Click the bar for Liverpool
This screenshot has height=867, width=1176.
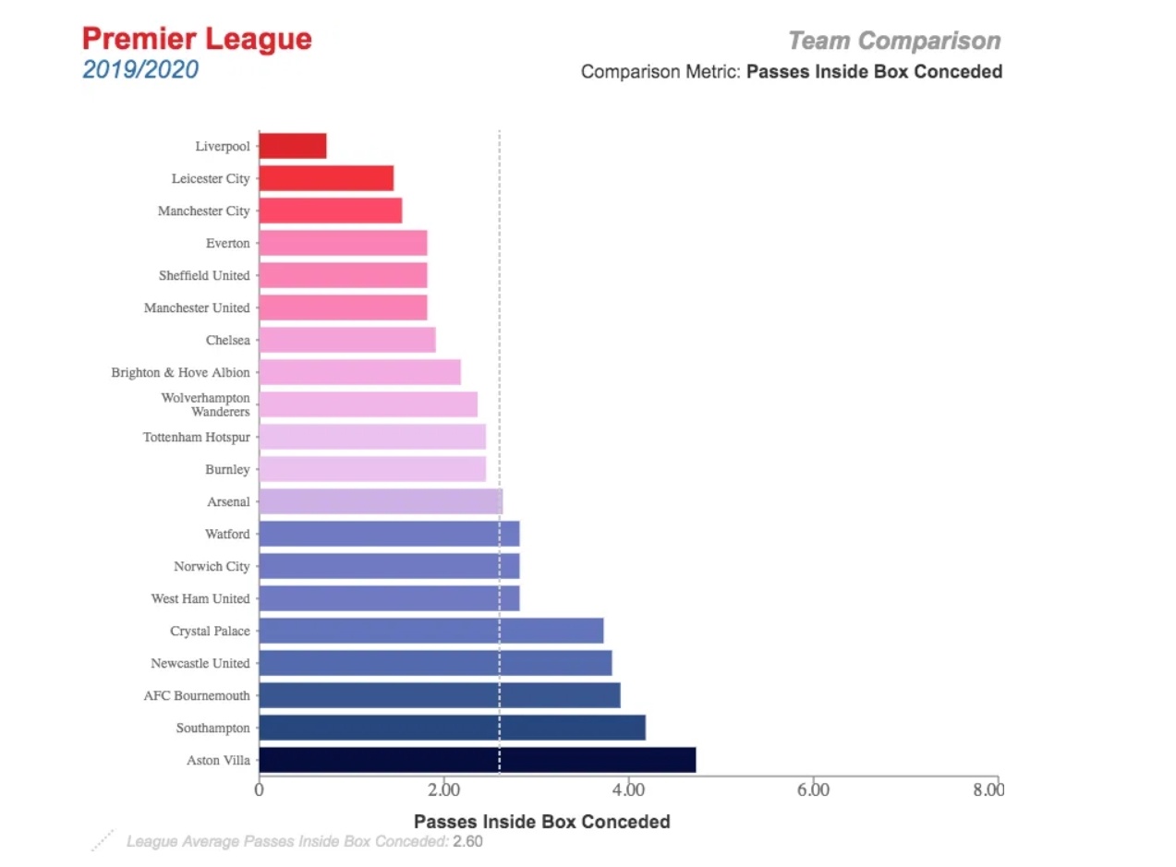[x=292, y=146]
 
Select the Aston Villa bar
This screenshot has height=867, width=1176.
[x=477, y=760]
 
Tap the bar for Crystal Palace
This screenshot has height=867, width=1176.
[x=430, y=631]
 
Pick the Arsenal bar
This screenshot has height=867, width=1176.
[x=380, y=501]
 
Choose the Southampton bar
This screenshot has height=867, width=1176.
[x=452, y=728]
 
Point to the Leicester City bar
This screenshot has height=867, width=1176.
[x=326, y=178]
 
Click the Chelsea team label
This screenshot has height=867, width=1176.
[x=227, y=341]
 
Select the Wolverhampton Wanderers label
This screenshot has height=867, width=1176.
[x=205, y=404]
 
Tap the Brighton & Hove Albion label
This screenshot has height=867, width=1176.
[x=180, y=373]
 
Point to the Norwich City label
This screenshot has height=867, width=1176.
[x=212, y=567]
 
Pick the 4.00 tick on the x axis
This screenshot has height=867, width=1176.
[x=628, y=789]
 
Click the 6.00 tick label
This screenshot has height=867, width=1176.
[x=813, y=789]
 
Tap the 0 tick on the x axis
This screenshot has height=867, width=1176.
[x=259, y=789]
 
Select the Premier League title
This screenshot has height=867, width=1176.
[x=197, y=40]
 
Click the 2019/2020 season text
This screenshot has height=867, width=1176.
[x=139, y=69]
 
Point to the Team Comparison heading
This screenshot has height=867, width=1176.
[x=893, y=41]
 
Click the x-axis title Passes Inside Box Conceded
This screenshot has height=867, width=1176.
[x=541, y=821]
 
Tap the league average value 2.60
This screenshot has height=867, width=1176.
[x=467, y=841]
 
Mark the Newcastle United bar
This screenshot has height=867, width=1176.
[x=435, y=663]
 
